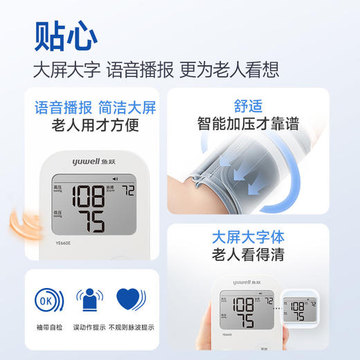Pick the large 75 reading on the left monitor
coord(90,222)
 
